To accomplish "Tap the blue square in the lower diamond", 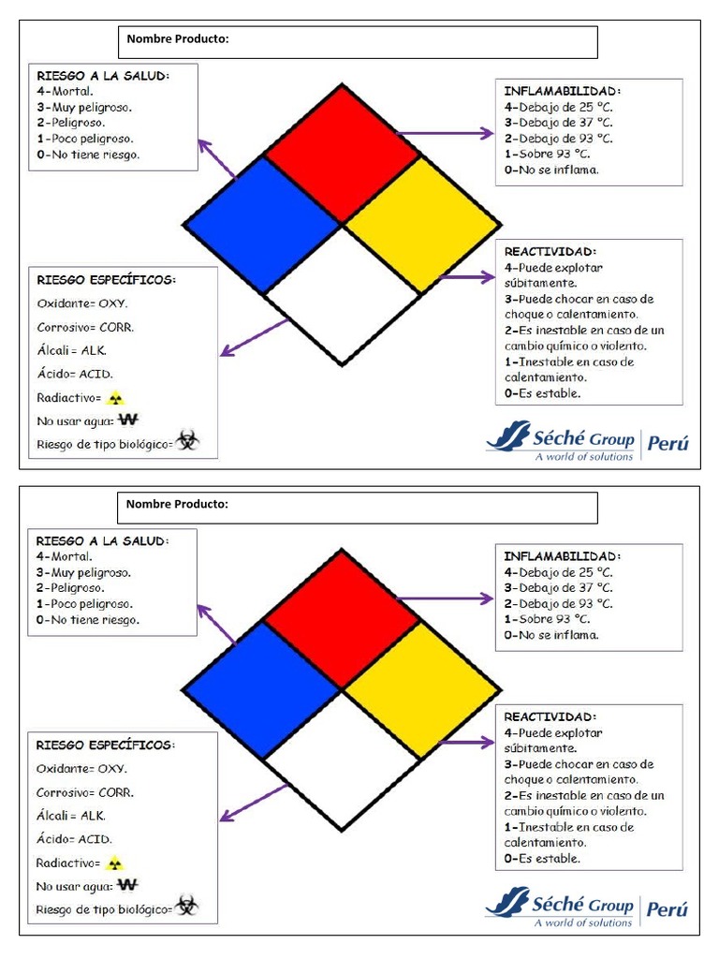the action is (261, 689).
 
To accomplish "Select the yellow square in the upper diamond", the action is (421, 225).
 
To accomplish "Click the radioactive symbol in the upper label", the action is (115, 398).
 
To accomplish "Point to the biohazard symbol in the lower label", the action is (187, 907).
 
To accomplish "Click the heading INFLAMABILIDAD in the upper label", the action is (562, 91).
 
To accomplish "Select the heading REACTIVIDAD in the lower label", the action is (550, 716).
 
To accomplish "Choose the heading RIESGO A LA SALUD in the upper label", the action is (103, 75).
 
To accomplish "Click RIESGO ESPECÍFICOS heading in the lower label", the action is (106, 745).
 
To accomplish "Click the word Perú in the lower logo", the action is (668, 908).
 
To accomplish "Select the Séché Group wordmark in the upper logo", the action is (582, 436).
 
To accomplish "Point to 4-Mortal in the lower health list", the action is (65, 556).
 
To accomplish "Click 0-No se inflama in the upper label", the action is (551, 170).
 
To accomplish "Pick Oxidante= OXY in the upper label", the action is (82, 304).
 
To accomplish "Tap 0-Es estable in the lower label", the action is (542, 858).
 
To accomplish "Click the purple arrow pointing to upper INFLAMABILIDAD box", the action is (445, 134).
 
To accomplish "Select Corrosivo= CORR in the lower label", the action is (85, 792).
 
